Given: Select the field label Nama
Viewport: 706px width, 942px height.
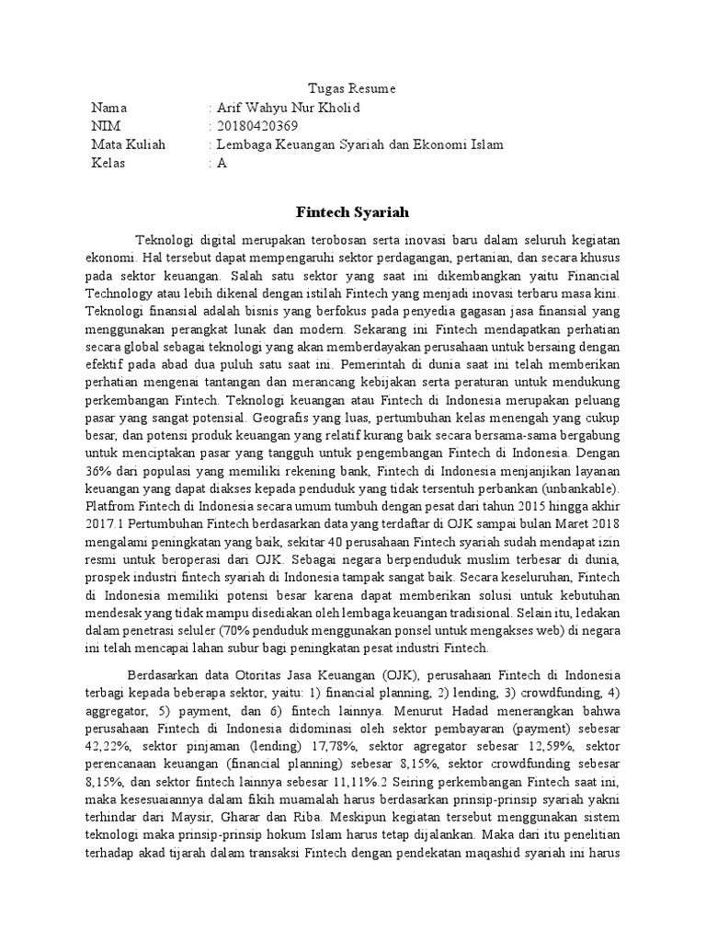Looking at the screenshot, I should (x=108, y=108).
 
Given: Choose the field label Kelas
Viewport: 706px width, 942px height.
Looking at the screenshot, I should (x=108, y=163).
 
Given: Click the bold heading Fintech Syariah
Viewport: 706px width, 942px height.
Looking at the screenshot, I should (x=352, y=212).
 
